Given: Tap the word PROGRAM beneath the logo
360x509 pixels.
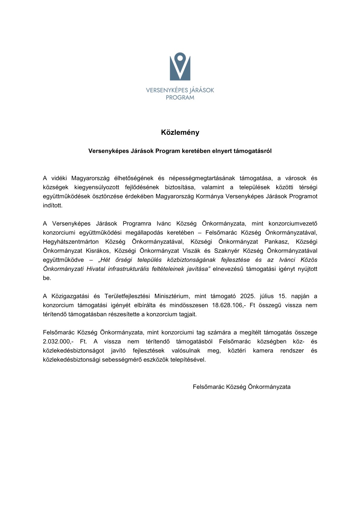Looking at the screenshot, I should point(180,98).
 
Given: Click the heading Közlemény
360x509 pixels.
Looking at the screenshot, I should point(180,132).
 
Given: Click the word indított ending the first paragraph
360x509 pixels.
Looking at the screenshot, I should point(53,205).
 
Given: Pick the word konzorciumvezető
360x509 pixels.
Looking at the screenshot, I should point(293,224).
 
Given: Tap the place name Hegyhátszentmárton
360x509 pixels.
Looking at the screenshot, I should point(71,242).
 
